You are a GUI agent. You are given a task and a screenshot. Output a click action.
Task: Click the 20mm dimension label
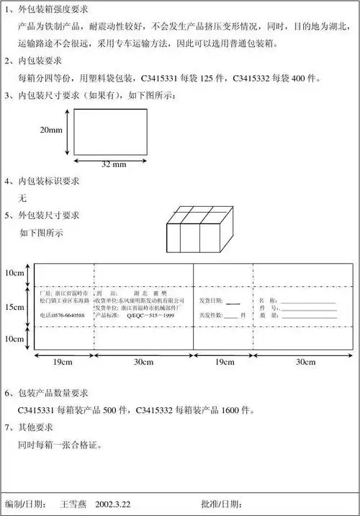click(50, 130)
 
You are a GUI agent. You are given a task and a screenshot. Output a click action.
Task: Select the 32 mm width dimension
click(114, 164)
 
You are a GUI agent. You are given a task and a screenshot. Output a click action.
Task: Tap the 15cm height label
click(14, 306)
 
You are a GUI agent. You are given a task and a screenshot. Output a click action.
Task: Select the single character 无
click(23, 197)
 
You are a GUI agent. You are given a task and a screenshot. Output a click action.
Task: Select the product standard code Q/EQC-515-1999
click(150, 315)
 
